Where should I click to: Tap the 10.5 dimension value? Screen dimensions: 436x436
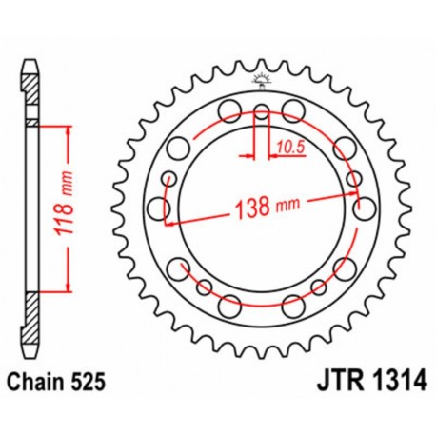tap(291, 146)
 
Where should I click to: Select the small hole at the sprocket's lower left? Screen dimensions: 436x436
tap(203, 286)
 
